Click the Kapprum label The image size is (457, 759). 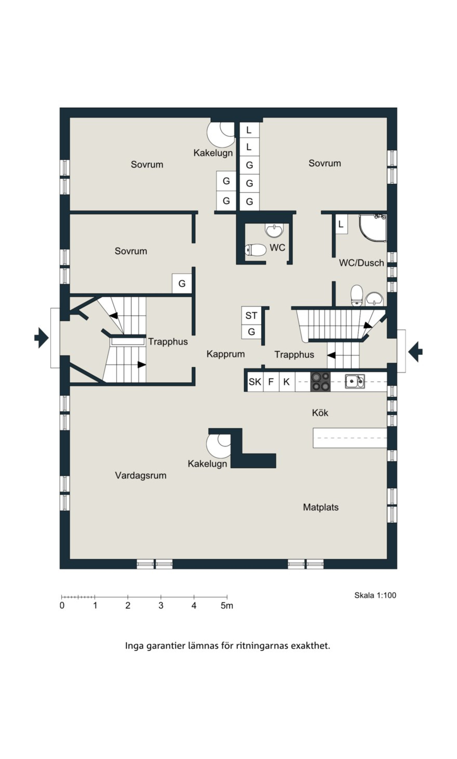tap(225, 354)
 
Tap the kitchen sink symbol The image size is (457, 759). tap(355, 381)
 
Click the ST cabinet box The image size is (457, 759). tap(251, 315)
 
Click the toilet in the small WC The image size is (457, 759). tap(256, 250)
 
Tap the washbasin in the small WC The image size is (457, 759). tap(274, 230)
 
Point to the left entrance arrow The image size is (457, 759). tap(41, 338)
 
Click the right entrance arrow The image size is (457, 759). tap(415, 351)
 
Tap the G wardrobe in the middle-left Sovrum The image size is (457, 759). tap(182, 284)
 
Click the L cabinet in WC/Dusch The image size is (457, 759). tap(341, 224)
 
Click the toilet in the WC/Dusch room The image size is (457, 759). tap(357, 295)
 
